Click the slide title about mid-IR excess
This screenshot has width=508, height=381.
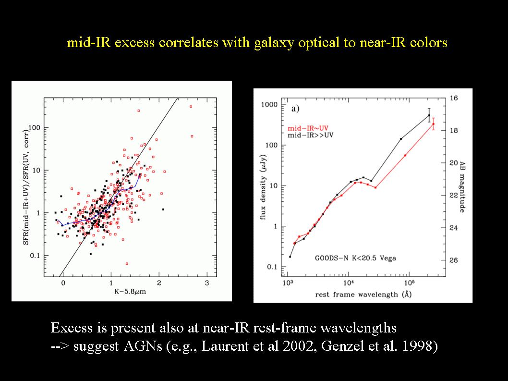pos(257,43)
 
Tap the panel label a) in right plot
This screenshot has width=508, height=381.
pos(295,109)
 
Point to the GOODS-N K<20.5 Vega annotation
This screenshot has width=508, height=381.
pos(355,258)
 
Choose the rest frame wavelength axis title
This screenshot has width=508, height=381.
pos(357,294)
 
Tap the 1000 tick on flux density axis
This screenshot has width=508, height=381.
pos(272,105)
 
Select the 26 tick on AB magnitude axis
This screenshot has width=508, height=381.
pos(454,260)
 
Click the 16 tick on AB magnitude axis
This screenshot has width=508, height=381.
pos(454,98)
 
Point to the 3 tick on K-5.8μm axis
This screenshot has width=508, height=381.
pos(206,283)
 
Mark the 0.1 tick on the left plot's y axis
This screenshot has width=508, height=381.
pos(35,256)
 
